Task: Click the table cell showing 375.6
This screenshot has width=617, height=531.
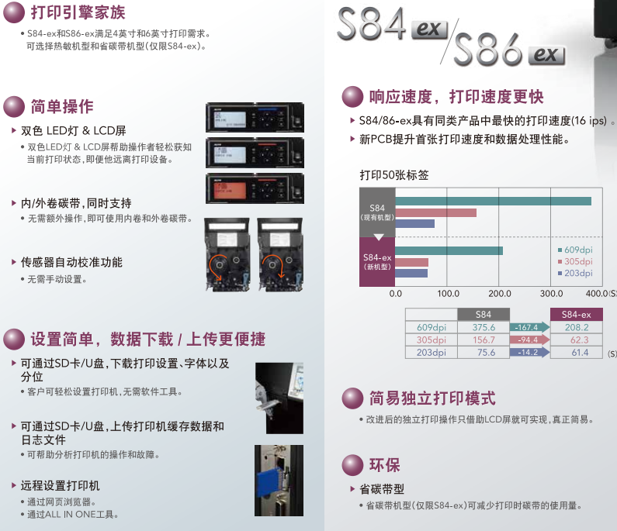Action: (x=484, y=327)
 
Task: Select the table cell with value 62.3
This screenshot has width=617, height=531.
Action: (x=577, y=340)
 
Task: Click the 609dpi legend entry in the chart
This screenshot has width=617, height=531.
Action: (x=575, y=250)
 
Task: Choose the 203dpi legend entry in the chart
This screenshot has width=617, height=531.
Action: (x=575, y=273)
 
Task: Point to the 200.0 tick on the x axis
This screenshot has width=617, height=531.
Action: (x=499, y=294)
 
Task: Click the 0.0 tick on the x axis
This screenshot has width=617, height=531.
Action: (x=396, y=294)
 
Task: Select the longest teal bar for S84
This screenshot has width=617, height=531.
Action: (x=494, y=202)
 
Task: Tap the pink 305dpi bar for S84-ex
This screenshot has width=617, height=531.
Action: (x=411, y=262)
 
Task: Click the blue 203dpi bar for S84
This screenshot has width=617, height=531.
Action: (x=414, y=224)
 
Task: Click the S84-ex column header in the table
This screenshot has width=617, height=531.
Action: (x=577, y=315)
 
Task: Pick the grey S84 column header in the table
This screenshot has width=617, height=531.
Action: (x=484, y=315)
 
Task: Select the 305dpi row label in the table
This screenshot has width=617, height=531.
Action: (x=432, y=340)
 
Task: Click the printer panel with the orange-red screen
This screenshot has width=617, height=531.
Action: (x=255, y=188)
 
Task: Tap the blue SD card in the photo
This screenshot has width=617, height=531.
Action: (x=269, y=484)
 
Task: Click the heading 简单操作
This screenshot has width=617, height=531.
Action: (x=62, y=106)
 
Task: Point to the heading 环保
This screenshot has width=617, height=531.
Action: (x=384, y=465)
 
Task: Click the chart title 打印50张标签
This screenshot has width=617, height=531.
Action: (x=394, y=175)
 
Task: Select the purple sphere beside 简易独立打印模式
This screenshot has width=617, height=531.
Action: (x=352, y=398)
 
